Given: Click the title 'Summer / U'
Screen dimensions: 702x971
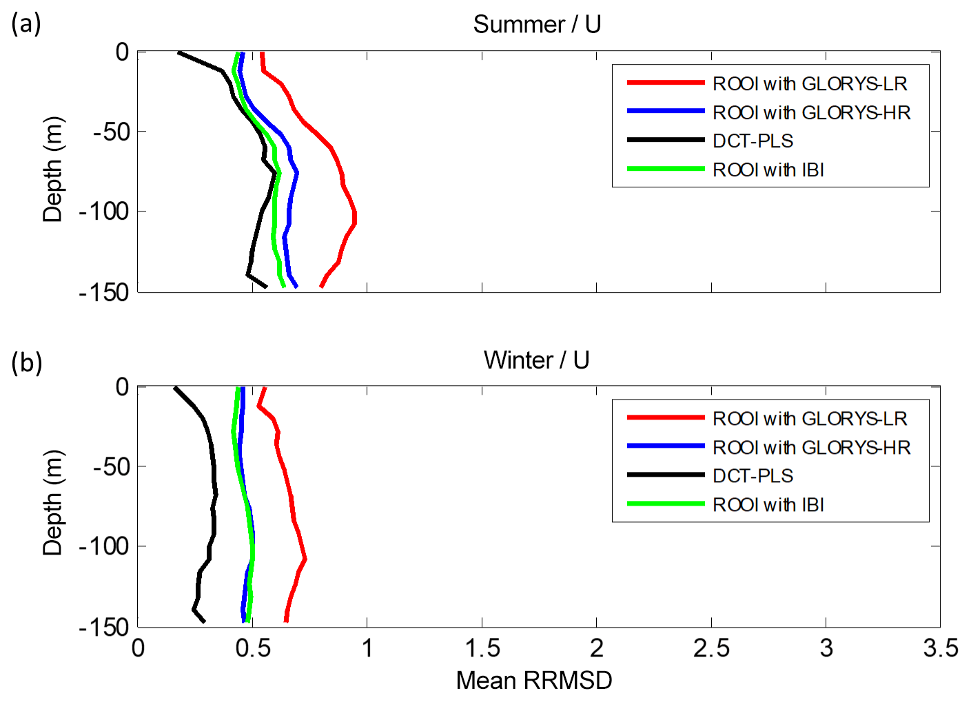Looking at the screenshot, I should click(537, 24).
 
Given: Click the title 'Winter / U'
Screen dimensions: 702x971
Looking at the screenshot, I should click(536, 360).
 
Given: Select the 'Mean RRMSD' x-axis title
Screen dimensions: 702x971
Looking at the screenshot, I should click(534, 680).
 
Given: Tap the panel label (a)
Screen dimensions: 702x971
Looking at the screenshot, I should click(26, 24).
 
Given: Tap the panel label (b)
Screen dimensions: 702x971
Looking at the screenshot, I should click(26, 362).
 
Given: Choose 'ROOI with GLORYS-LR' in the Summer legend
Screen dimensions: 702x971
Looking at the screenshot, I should click(810, 83).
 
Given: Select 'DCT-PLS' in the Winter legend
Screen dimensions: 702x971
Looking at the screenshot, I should click(753, 475).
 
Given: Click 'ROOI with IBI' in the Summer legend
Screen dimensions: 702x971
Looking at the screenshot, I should click(768, 169).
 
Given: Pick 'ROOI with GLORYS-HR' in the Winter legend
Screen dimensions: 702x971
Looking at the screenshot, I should click(811, 447).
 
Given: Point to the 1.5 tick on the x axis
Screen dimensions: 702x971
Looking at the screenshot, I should click(482, 648).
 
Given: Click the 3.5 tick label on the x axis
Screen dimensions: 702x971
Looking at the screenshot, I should click(940, 648).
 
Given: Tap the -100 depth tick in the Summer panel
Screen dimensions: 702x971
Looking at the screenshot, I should click(104, 211).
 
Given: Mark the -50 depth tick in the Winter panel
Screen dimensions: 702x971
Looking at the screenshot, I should click(111, 466).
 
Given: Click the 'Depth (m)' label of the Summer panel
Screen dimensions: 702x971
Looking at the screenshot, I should click(53, 170).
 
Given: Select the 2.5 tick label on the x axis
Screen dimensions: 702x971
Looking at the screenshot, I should click(711, 648).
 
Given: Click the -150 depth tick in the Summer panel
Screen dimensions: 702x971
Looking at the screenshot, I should click(104, 293).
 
